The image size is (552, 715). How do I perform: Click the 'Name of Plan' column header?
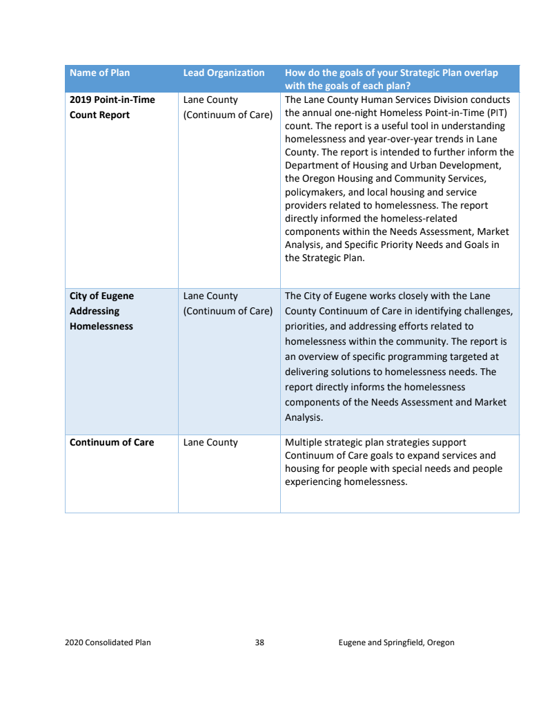pyautogui.click(x=99, y=73)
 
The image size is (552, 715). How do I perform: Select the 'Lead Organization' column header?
pyautogui.click(x=224, y=73)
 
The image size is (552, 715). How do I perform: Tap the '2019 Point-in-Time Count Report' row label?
pyautogui.click(x=112, y=107)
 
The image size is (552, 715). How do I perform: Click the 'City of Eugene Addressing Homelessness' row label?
pyautogui.click(x=101, y=311)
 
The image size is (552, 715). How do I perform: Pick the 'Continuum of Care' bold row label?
pyautogui.click(x=112, y=442)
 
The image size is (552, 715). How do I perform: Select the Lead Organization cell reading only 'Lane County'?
pyautogui.click(x=210, y=442)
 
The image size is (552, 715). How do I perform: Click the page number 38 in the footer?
pyautogui.click(x=259, y=642)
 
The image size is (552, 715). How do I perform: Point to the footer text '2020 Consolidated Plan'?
pyautogui.click(x=108, y=642)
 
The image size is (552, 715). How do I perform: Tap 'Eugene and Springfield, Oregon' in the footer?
pyautogui.click(x=396, y=642)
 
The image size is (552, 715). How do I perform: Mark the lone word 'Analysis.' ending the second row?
pyautogui.click(x=304, y=417)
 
